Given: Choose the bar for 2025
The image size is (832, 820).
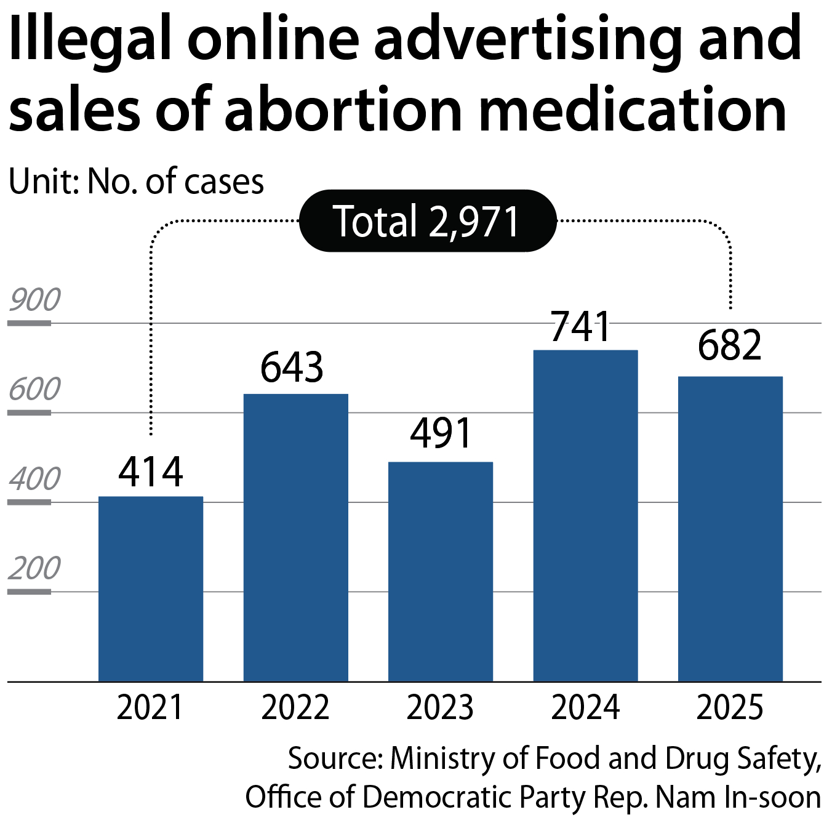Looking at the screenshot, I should [730, 529].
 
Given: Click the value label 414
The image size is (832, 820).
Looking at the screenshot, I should [151, 472].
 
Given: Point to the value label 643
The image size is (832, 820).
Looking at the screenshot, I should [292, 368].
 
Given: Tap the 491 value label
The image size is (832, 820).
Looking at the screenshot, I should [441, 433].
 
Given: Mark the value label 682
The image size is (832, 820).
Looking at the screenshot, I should [730, 345].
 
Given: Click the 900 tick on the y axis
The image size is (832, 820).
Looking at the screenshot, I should [35, 300].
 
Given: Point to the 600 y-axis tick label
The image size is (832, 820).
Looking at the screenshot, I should [35, 390].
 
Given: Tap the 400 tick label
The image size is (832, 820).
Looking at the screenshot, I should [35, 479].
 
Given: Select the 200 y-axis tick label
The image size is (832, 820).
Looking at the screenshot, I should [35, 568].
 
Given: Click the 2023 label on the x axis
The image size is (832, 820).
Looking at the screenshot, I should [441, 707].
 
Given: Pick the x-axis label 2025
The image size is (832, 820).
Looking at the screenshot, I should [730, 707].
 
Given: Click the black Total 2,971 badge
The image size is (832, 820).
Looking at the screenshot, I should [428, 221].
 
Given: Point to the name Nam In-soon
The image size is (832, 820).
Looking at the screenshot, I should [738, 797].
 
